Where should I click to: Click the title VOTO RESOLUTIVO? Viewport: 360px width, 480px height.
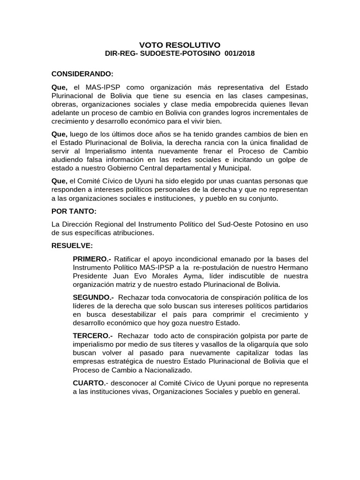tap(180, 45)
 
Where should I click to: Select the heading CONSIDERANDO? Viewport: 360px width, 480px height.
tap(82, 74)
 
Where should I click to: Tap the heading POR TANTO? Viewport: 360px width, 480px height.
tap(74, 211)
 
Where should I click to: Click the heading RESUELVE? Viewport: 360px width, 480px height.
tap(73, 246)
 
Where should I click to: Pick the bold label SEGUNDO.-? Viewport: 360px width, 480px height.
tap(94, 298)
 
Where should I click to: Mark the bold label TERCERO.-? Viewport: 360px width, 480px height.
tap(93, 336)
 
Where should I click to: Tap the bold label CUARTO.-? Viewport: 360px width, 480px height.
tap(90, 383)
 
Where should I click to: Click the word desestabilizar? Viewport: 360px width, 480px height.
tap(122, 315)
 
